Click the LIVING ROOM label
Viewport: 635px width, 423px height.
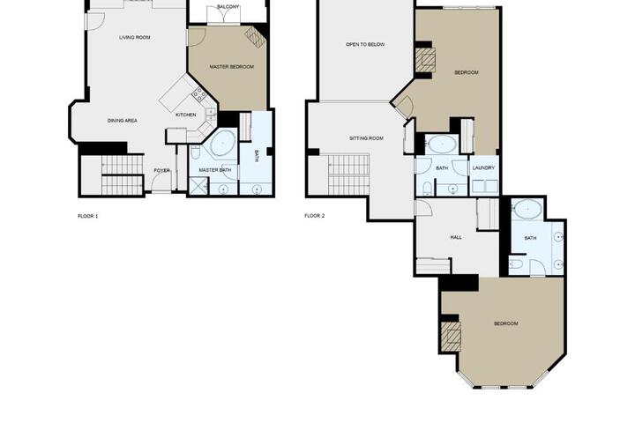135,37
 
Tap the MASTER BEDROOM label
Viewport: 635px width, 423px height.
232,67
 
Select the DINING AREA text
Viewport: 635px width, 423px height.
123,121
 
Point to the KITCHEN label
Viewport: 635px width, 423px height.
186,115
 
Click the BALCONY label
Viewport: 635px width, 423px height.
228,7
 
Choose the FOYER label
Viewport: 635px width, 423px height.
161,170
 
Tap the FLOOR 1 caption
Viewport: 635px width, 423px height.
88,216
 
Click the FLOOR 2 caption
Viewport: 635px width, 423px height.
315,216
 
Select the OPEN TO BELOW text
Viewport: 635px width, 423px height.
365,45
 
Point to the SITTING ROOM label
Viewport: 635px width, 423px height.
366,138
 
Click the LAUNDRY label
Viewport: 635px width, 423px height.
483,167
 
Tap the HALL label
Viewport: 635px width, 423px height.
456,238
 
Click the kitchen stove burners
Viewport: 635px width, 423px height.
198,94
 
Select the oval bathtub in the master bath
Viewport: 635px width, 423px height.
222,144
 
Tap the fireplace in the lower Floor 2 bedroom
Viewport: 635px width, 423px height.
452,337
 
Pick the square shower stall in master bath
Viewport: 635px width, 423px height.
198,187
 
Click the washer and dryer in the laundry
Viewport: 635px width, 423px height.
485,186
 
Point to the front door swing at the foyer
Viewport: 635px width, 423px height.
161,182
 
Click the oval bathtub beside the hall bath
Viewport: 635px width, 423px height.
528,209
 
